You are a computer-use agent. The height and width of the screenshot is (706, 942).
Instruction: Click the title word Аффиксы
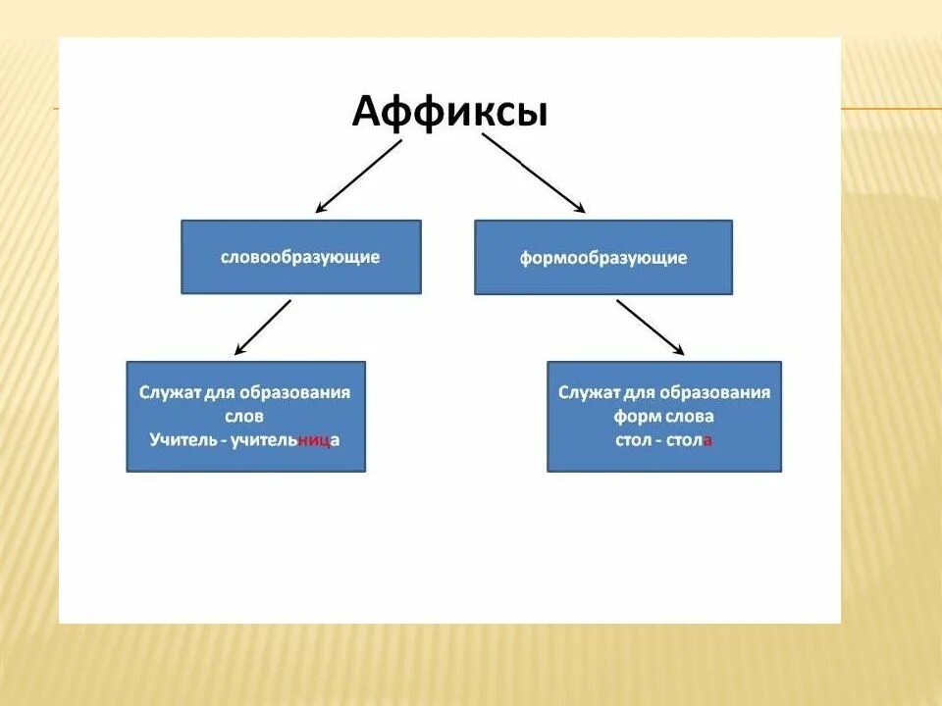[449, 112]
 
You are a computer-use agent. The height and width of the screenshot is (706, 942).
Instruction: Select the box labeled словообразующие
[300, 257]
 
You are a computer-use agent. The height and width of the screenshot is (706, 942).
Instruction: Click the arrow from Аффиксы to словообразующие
[358, 176]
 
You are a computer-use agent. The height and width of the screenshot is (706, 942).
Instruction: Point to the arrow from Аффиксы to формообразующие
[533, 173]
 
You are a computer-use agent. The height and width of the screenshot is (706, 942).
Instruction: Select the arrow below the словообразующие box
[263, 327]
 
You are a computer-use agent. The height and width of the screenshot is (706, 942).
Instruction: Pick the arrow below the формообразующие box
[650, 327]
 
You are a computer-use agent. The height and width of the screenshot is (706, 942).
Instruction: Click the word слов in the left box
[244, 417]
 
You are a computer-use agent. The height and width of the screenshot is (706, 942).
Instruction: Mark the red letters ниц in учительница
[314, 440]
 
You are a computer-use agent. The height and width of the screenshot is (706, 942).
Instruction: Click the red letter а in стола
[707, 440]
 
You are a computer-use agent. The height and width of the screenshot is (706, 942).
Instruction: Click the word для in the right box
[638, 392]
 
